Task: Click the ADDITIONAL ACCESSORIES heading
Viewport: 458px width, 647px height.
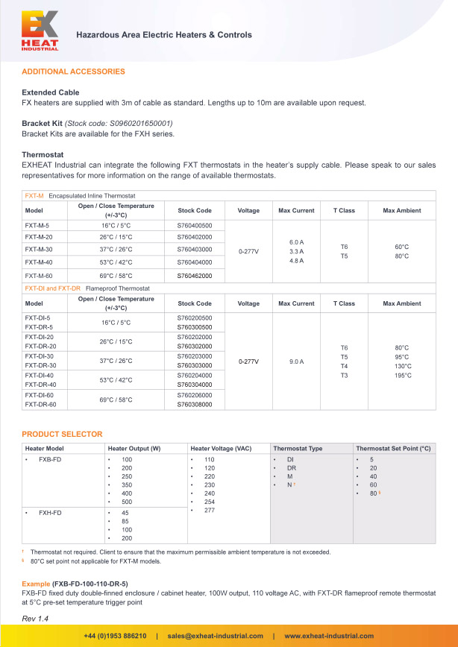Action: (x=73, y=72)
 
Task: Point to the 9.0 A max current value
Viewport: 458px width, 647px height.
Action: (x=296, y=361)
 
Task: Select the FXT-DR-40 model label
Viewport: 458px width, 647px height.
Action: (x=40, y=385)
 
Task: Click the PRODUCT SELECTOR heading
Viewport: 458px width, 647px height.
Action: (x=62, y=434)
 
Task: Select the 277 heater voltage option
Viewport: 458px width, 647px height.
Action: (x=209, y=510)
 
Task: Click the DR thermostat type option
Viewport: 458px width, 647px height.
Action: (x=292, y=467)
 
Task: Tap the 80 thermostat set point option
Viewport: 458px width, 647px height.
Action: (x=373, y=493)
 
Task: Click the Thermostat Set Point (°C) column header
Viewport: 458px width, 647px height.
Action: (x=393, y=448)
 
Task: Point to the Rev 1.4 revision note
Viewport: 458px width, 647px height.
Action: (x=35, y=619)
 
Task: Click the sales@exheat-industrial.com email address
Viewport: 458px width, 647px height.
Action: (x=215, y=636)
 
